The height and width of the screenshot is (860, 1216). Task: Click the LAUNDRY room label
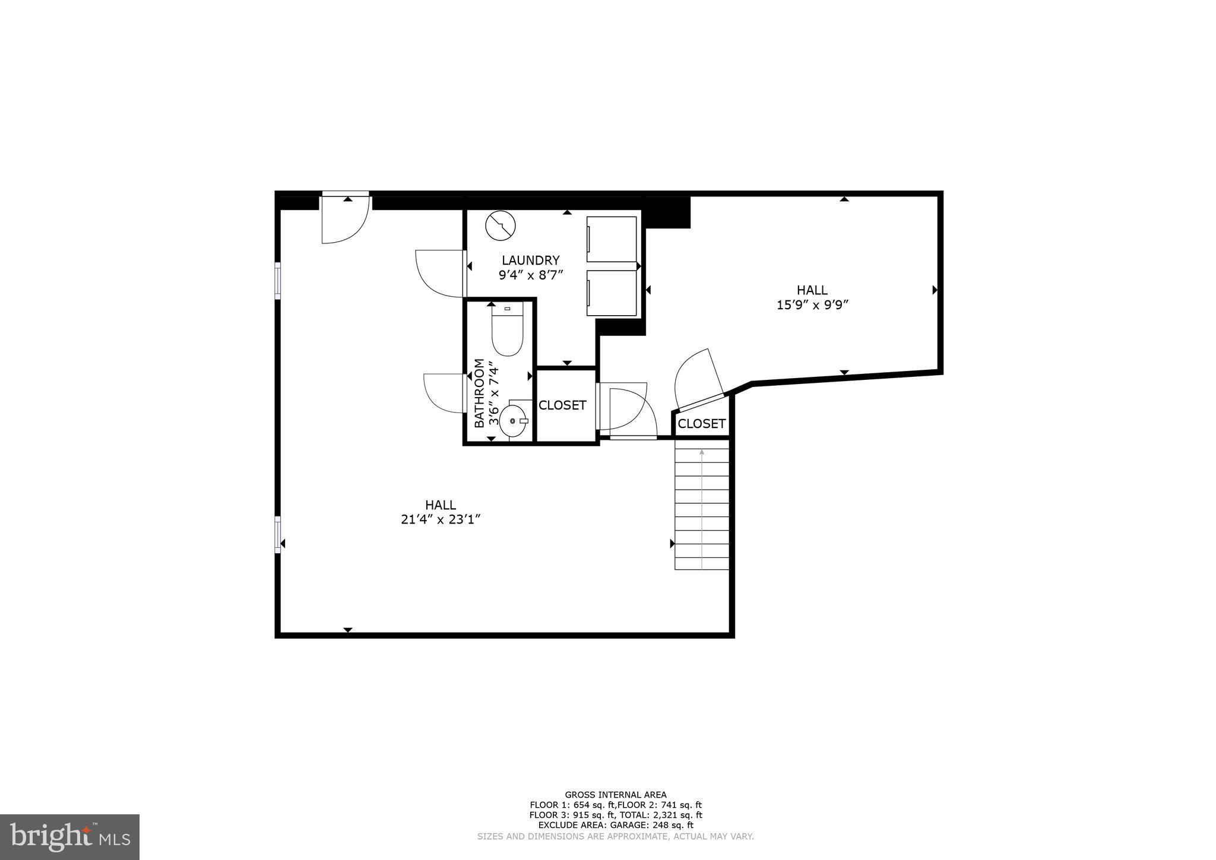(x=530, y=260)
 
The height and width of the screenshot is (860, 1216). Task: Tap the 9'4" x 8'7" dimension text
(x=530, y=275)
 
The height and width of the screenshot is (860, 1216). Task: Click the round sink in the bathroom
(x=513, y=420)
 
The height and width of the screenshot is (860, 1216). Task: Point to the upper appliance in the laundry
(x=611, y=239)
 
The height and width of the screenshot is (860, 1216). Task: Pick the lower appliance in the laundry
(x=611, y=293)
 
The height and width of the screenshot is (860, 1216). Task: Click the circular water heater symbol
(x=501, y=226)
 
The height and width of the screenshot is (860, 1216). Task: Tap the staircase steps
(x=701, y=509)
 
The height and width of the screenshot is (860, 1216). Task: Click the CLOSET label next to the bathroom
(x=562, y=405)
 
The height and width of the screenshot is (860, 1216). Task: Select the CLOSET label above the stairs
(x=701, y=424)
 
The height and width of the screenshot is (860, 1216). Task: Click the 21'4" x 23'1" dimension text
(x=440, y=519)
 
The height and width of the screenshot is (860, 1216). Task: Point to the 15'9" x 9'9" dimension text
(x=812, y=305)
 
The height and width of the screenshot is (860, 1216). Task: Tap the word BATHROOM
(x=479, y=393)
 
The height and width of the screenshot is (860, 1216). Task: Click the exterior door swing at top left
(x=344, y=220)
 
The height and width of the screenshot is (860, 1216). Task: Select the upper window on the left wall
(x=277, y=281)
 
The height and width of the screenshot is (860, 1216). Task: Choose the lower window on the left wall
(x=277, y=534)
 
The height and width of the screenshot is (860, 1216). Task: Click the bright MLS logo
(x=69, y=837)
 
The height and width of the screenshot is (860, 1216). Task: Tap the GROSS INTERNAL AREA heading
(x=615, y=795)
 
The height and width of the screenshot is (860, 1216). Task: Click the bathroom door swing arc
(x=442, y=393)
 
